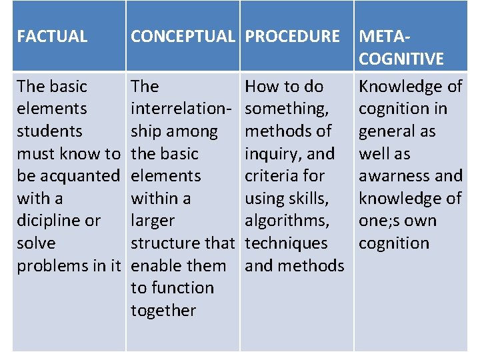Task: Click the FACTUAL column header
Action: [52, 36]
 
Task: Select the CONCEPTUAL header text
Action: [183, 36]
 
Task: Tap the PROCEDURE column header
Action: [292, 36]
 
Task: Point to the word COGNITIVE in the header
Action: [401, 59]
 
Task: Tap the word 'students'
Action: [49, 131]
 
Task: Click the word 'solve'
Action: [36, 243]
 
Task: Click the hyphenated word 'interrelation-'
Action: [181, 109]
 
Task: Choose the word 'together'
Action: [163, 311]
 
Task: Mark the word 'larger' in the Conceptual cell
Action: [153, 221]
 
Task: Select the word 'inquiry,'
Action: [273, 153]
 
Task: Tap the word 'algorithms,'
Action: [287, 221]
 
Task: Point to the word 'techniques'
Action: [286, 243]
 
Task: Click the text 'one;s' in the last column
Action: [378, 221]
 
